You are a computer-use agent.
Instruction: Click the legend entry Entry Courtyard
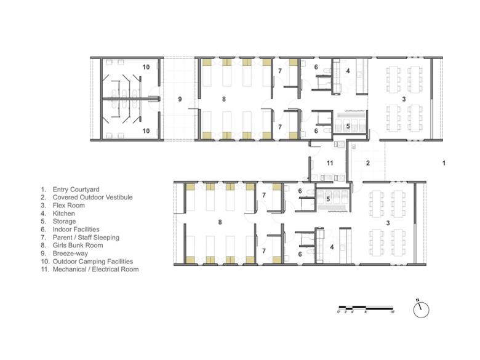[76, 190]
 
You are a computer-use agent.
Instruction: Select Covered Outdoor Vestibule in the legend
[92, 198]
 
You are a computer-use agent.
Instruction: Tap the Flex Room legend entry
[68, 206]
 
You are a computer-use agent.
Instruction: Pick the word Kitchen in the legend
[63, 214]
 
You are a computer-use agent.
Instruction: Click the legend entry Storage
[64, 222]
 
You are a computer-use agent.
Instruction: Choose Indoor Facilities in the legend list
[76, 230]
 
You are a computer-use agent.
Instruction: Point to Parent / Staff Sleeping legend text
[86, 238]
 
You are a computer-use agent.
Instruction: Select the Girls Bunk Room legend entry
[78, 245]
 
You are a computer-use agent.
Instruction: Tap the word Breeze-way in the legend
[70, 254]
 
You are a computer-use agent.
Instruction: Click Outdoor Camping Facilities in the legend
[93, 262]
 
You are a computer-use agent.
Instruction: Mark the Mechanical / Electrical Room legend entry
[95, 270]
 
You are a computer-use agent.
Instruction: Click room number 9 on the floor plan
[180, 99]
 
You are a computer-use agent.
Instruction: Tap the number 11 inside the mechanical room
[330, 163]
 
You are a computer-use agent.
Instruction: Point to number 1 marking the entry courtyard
[444, 163]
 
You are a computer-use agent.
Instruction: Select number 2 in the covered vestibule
[368, 163]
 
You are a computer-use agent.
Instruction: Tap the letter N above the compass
[418, 300]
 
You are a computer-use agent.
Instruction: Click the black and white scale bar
[366, 307]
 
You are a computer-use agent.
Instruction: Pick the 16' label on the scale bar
[393, 312]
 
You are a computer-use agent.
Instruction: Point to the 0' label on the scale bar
[339, 312]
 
